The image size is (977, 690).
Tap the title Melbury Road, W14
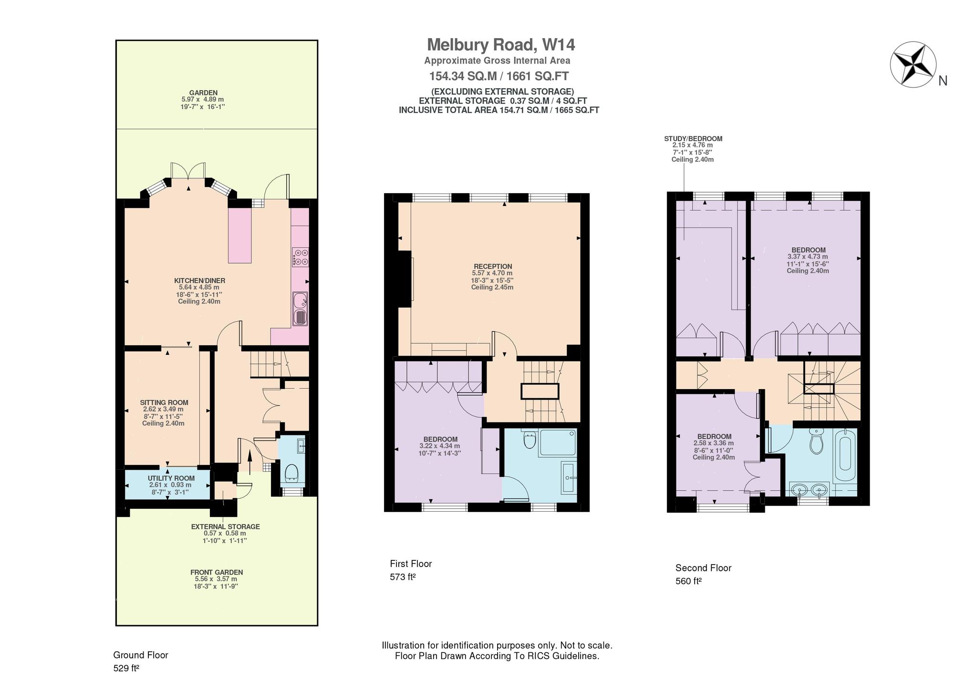(x=501, y=45)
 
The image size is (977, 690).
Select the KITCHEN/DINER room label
(x=199, y=280)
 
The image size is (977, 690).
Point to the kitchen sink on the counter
(x=301, y=309)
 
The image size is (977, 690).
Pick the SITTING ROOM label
(x=164, y=402)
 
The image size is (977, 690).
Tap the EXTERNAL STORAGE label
(x=226, y=527)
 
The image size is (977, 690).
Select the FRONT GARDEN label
(x=217, y=572)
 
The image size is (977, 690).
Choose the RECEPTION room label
(x=493, y=267)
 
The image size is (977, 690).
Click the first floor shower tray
(x=557, y=443)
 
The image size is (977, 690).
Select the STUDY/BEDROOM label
(x=693, y=139)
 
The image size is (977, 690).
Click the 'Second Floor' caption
(x=703, y=568)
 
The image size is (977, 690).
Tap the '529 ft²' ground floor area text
(x=126, y=669)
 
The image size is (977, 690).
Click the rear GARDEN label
(x=203, y=93)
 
